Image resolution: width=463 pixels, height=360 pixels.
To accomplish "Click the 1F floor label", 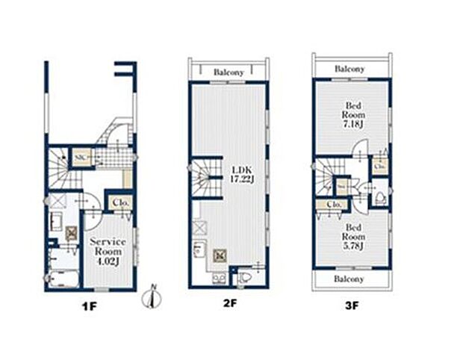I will click(x=89, y=307).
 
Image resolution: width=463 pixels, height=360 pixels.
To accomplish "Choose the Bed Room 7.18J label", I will click(x=352, y=116).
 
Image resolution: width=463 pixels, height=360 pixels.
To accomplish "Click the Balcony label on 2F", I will click(x=229, y=72).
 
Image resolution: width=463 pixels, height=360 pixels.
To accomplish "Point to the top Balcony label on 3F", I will click(x=350, y=68).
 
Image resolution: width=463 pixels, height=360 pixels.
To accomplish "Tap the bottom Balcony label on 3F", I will click(x=349, y=279).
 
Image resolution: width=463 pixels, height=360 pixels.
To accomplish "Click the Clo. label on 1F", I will click(x=121, y=202).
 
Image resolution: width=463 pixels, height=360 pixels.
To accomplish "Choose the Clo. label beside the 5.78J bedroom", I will click(x=334, y=204).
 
